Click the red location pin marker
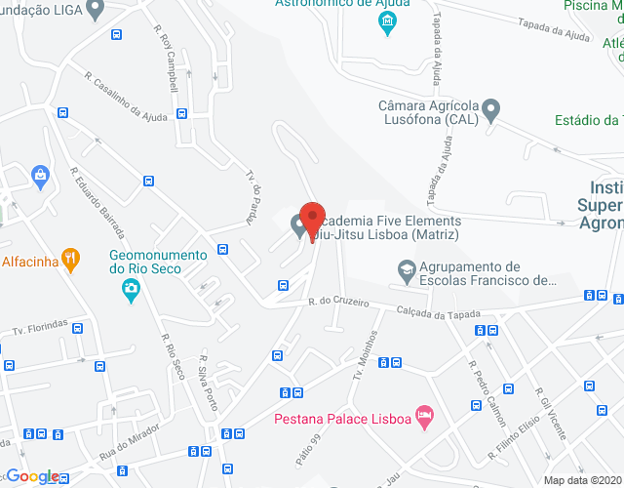(x=311, y=219)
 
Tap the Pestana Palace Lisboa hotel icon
(x=423, y=417)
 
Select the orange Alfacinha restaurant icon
(x=69, y=258)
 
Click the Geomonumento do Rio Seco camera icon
(x=130, y=288)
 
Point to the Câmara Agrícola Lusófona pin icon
(x=491, y=107)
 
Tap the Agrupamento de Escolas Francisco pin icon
(x=405, y=266)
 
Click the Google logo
(x=32, y=476)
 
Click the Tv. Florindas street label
(x=39, y=325)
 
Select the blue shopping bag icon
(x=41, y=176)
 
